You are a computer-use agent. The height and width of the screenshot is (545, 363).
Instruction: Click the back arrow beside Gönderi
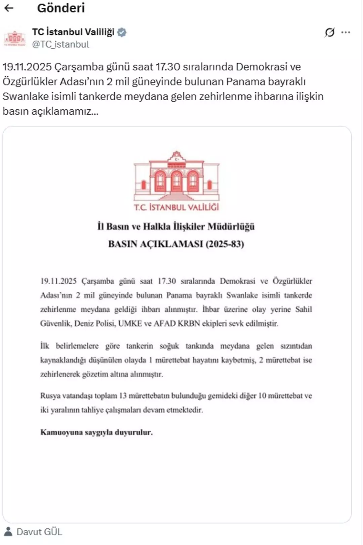9,8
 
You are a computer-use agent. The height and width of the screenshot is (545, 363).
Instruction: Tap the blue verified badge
122,32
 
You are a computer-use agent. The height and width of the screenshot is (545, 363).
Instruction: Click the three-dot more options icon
346,32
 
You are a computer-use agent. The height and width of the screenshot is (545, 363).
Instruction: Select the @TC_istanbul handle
61,44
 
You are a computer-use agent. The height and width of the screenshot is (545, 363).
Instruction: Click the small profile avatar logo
15,38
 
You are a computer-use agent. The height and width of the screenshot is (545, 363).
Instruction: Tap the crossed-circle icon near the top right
329,32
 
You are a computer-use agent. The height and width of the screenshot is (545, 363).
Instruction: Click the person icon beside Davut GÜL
8,531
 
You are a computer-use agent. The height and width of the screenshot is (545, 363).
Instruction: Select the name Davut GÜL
39,532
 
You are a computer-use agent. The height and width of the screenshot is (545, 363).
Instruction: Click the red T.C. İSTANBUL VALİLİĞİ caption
176,207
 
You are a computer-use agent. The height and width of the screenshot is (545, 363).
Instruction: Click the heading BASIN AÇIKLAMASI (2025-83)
176,244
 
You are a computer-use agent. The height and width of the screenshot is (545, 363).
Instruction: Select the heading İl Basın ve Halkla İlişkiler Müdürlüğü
176,226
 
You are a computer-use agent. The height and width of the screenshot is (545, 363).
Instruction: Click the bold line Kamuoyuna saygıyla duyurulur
96,432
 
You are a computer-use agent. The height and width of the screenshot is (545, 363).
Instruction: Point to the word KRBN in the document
189,324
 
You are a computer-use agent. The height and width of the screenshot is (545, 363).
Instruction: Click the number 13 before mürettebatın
123,396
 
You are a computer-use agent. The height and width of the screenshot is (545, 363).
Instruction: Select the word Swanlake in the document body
242,295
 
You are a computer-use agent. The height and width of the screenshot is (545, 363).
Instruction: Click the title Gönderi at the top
61,8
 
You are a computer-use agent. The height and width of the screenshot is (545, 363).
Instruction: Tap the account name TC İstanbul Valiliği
73,32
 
